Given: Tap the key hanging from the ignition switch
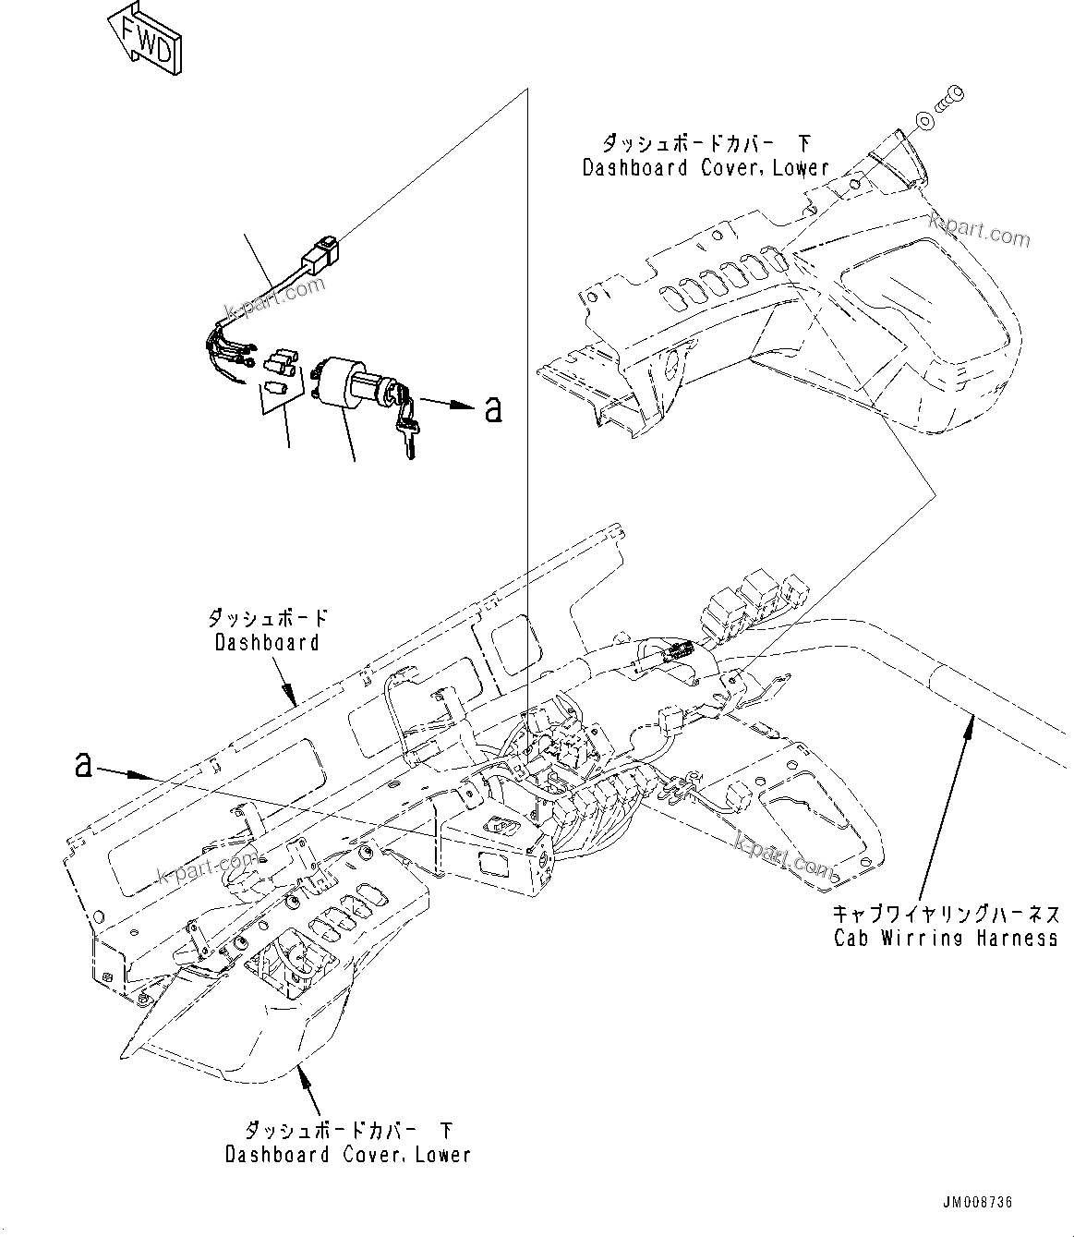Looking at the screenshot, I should [x=407, y=430].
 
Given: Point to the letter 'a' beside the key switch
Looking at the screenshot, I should [x=494, y=409].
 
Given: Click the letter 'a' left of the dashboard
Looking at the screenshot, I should [x=84, y=764].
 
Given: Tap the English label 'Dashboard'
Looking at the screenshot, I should [x=267, y=641].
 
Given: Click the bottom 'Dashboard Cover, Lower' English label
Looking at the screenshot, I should [x=348, y=1155].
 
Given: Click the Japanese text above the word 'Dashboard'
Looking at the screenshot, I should [x=268, y=617].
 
